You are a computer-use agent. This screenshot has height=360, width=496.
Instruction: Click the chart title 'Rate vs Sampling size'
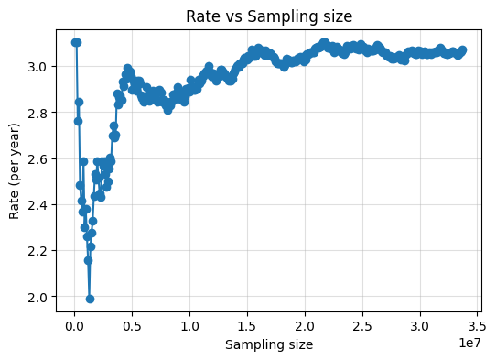268,16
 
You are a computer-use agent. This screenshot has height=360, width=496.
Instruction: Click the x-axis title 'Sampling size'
268,344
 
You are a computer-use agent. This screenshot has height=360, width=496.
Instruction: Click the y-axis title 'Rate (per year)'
15,169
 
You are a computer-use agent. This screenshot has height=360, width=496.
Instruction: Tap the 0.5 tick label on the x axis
133,325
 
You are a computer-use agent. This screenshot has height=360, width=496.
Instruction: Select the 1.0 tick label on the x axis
190,325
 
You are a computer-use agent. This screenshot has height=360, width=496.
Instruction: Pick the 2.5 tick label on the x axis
362,325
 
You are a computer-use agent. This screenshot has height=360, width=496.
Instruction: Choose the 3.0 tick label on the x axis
420,325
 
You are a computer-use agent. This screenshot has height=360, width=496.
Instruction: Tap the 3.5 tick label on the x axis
477,325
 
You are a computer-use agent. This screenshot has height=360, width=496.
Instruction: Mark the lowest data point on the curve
90,299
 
